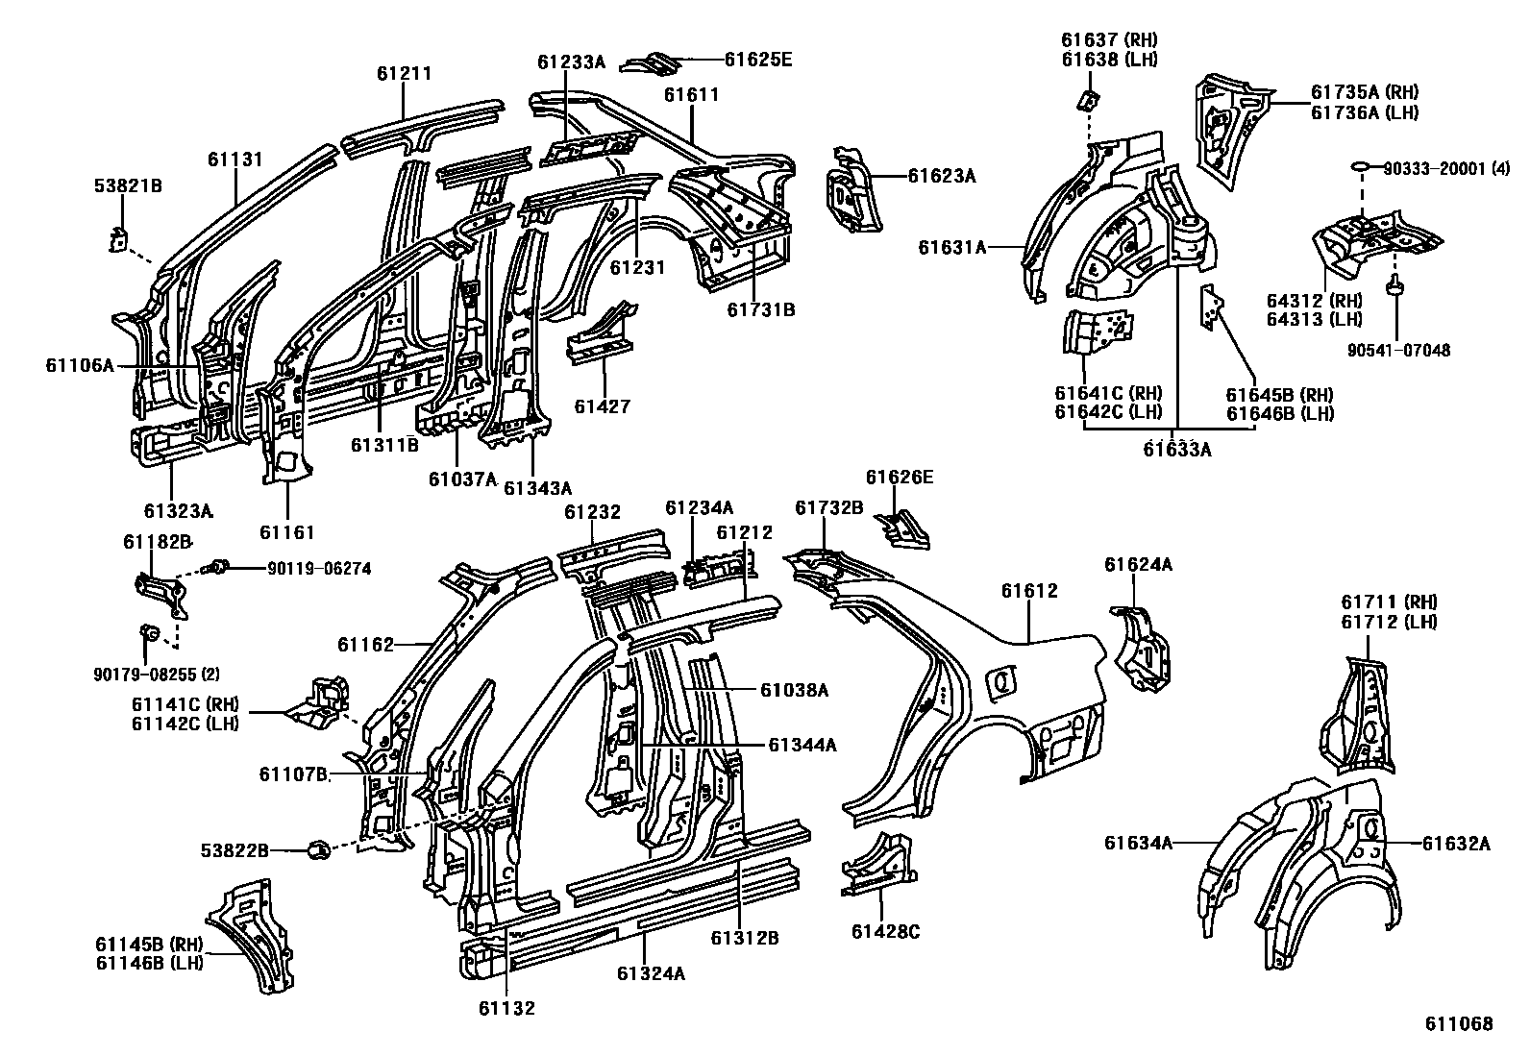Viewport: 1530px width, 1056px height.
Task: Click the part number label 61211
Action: pyautogui.click(x=404, y=73)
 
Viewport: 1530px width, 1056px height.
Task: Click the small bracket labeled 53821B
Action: pyautogui.click(x=117, y=237)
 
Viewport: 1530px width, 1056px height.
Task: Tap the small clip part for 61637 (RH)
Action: pyautogui.click(x=1089, y=99)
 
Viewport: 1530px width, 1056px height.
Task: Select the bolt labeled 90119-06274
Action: pyautogui.click(x=219, y=567)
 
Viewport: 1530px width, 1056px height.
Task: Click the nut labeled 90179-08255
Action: pyautogui.click(x=149, y=632)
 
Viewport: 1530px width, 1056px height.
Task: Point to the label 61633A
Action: pyautogui.click(x=1176, y=448)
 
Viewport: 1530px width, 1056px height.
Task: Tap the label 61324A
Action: pyautogui.click(x=651, y=973)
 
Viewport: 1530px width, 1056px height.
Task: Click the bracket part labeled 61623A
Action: pyautogui.click(x=850, y=192)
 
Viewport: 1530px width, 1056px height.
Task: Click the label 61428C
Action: pyautogui.click(x=885, y=931)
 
